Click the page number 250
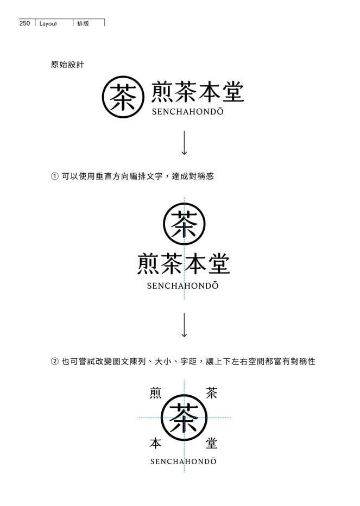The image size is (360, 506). pyautogui.click(x=24, y=23)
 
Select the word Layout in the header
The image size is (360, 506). pyautogui.click(x=48, y=23)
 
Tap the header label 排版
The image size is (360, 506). pyautogui.click(x=83, y=23)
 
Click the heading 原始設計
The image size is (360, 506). pyautogui.click(x=67, y=65)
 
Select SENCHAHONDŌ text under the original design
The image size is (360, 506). pyautogui.click(x=187, y=111)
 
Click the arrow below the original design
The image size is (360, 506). pyautogui.click(x=184, y=143)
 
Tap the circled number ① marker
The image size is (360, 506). pyautogui.click(x=54, y=176)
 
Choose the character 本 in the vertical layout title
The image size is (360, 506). pyautogui.click(x=195, y=264)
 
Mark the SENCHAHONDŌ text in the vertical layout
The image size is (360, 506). pyautogui.click(x=183, y=286)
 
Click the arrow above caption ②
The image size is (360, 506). pyautogui.click(x=184, y=325)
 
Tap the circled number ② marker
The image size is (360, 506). pyautogui.click(x=54, y=362)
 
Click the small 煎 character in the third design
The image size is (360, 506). pyautogui.click(x=156, y=393)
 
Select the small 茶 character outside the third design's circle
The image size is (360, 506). pyautogui.click(x=211, y=393)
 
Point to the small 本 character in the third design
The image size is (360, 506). pyautogui.click(x=156, y=444)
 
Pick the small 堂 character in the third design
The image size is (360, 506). pyautogui.click(x=211, y=444)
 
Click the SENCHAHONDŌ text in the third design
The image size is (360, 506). pyautogui.click(x=184, y=461)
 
